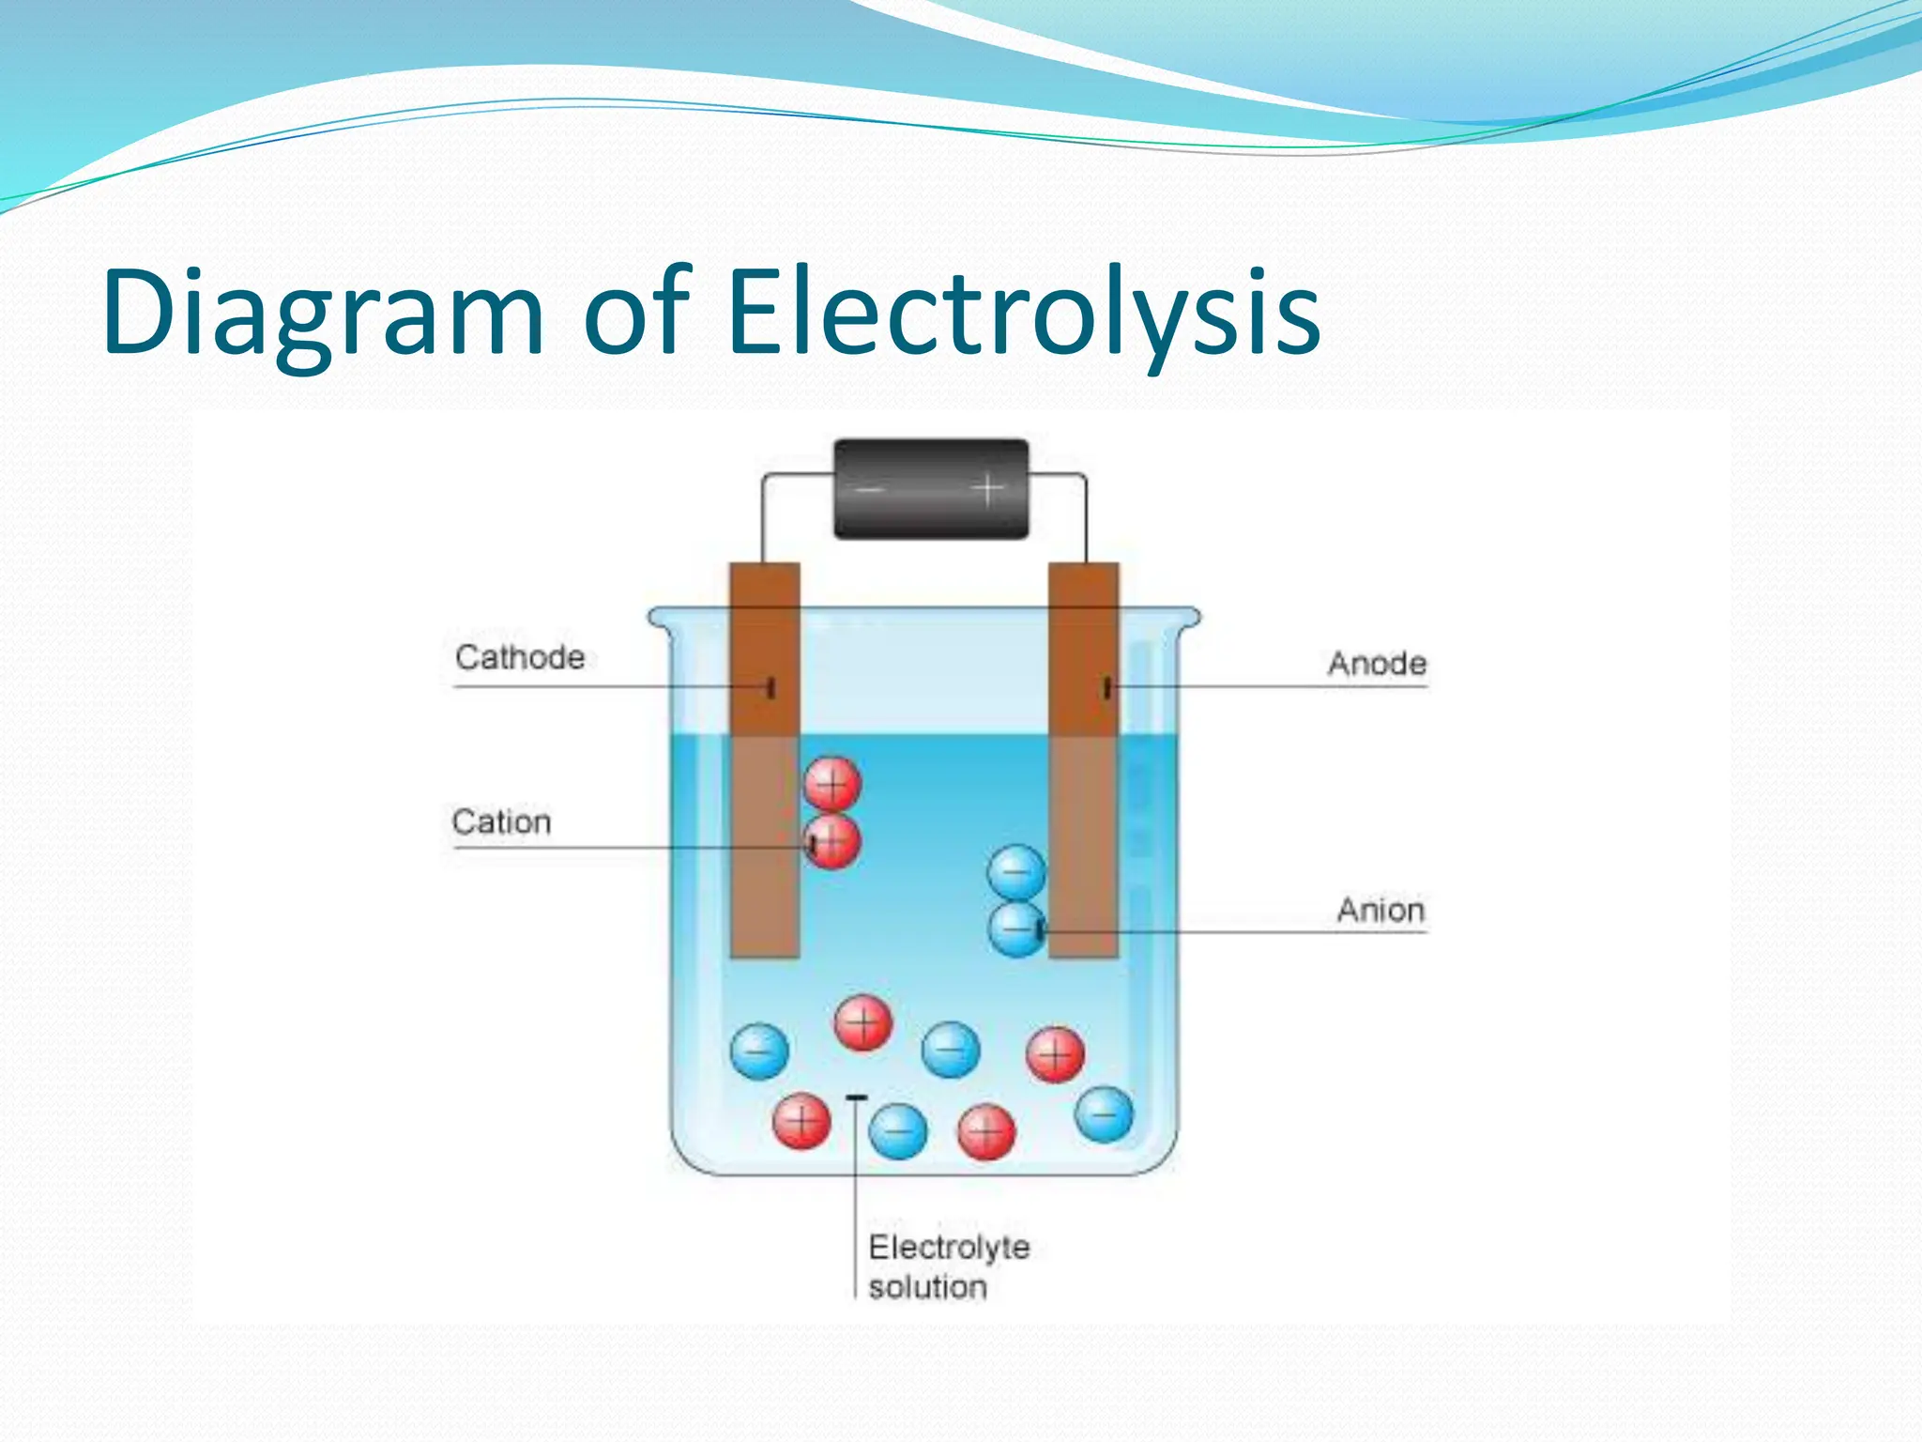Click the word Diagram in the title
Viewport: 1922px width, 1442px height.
point(323,313)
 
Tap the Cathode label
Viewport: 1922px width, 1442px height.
point(520,657)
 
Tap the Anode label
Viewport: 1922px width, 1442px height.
point(1377,664)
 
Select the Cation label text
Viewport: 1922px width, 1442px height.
point(501,822)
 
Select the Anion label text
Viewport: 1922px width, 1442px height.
point(1380,910)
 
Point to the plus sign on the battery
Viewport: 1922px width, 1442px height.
point(987,488)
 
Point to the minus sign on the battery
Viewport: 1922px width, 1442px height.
point(869,489)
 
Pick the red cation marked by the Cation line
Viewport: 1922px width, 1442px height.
point(832,842)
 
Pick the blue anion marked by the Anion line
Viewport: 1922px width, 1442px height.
point(1016,929)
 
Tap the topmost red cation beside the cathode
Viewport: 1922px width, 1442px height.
point(832,784)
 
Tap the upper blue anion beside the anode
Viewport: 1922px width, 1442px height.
point(1016,872)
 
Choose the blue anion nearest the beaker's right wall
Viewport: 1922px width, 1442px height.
point(1105,1114)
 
